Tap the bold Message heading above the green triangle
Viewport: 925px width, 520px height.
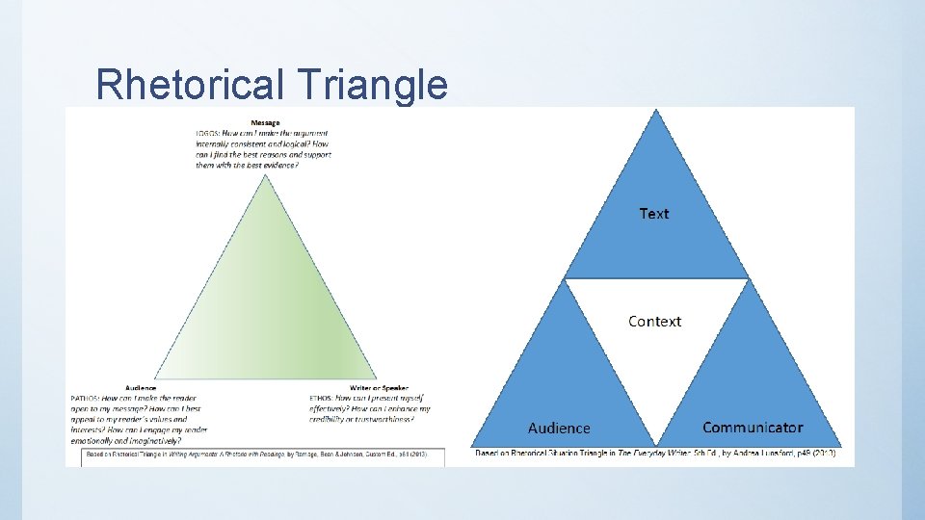[x=266, y=122]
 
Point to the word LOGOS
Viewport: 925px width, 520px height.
[x=207, y=132]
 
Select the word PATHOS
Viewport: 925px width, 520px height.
[x=85, y=398]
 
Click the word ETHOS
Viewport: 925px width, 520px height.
[x=320, y=398]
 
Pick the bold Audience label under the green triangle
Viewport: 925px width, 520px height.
[x=141, y=388]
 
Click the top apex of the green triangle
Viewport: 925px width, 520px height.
[x=267, y=173]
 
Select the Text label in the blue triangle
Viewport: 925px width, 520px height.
[x=653, y=214]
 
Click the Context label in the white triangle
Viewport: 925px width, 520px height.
[x=654, y=322]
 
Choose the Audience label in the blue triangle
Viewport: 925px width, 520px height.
[x=559, y=428]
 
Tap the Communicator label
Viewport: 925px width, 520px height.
[x=753, y=428]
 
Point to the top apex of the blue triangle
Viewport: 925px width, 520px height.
[x=656, y=110]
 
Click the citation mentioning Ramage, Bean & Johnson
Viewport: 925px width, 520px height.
[x=256, y=454]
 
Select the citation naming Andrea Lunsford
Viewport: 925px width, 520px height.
[x=655, y=454]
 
